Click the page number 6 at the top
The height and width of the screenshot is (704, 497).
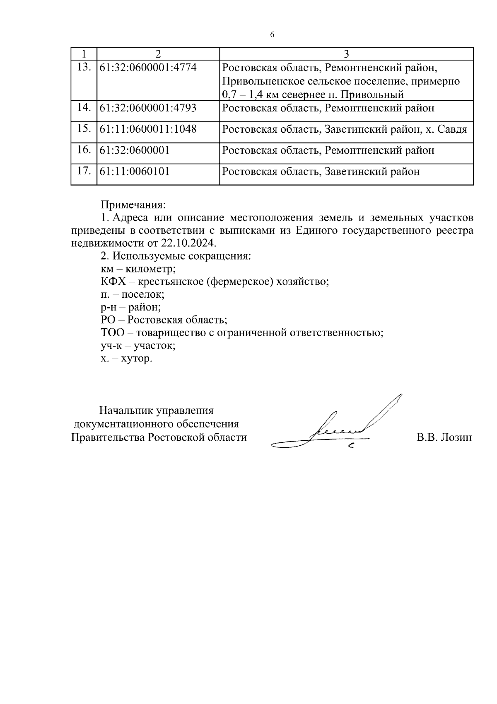[272, 35]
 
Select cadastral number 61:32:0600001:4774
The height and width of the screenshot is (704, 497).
[148, 67]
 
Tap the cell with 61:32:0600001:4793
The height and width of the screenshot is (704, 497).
[148, 108]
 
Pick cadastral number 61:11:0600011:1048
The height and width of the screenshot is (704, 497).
[148, 129]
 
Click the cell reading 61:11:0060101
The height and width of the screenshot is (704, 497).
[135, 171]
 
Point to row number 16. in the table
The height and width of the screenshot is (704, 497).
[84, 150]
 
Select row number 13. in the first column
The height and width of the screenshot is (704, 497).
[84, 67]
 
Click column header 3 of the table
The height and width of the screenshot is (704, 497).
[346, 54]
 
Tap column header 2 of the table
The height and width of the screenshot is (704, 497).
[157, 54]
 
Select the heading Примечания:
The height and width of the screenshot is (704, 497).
[133, 205]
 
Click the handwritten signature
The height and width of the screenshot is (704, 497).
[335, 427]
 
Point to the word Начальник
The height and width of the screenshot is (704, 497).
[125, 411]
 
